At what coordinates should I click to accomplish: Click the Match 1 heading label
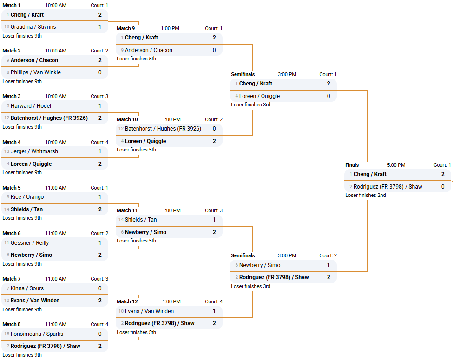pos(12,5)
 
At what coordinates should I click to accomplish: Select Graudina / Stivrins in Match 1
pos(33,27)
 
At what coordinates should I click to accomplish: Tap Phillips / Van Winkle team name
pos(36,72)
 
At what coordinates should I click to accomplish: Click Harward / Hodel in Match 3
pos(31,106)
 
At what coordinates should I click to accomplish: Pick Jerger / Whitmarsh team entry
pos(34,151)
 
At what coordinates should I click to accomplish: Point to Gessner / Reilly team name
pos(30,243)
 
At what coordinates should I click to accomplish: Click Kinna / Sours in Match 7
pos(27,288)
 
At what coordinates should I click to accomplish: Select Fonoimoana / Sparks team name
pos(37,334)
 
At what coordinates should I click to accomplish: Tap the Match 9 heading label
pos(126,28)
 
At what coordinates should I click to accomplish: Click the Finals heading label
pos(352,165)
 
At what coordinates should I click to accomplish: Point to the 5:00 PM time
pos(396,165)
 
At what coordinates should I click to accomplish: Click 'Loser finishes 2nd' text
pos(365,196)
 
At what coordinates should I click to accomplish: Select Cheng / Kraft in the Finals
pos(370,174)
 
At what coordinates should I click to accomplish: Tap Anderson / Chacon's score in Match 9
pos(214,50)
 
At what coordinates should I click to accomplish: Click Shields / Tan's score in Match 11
pos(214,220)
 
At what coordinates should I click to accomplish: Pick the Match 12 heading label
pos(127,301)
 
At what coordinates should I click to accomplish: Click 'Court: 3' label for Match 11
pos(214,210)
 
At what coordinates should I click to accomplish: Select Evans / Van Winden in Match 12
pos(149,311)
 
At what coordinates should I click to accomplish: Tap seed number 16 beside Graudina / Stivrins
pos(7,27)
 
